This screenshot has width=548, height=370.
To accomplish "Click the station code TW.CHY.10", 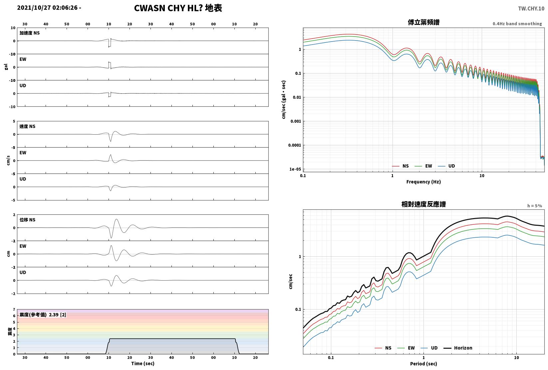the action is (x=531, y=9).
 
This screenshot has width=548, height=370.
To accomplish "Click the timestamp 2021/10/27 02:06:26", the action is (x=47, y=8).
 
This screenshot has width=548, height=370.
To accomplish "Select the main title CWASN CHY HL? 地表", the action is (x=178, y=8).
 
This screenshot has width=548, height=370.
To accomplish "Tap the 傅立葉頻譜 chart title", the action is (x=423, y=22).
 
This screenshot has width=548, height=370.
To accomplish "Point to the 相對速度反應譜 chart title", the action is (x=423, y=204).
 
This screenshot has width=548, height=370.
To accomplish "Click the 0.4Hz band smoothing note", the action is (x=517, y=24).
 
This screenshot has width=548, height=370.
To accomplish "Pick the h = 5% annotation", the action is (x=535, y=206).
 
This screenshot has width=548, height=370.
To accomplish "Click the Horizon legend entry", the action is (x=458, y=348).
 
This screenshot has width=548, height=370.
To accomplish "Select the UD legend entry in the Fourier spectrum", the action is (x=446, y=166).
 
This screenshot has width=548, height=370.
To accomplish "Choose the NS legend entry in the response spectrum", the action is (x=383, y=348).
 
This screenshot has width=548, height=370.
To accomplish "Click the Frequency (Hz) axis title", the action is (x=423, y=182).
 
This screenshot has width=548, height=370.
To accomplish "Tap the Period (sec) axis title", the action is (x=423, y=364).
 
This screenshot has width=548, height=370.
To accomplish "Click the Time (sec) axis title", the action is (x=142, y=363).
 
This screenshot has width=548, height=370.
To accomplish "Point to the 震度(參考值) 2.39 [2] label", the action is (x=43, y=314).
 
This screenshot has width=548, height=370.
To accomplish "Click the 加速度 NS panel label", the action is (x=30, y=33).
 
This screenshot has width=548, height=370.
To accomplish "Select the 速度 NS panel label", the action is (x=27, y=126).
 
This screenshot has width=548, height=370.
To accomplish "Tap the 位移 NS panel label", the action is (x=27, y=220).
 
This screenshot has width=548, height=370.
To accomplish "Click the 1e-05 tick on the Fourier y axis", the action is (x=295, y=169).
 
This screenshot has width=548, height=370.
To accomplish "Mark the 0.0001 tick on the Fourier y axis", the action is (x=295, y=145).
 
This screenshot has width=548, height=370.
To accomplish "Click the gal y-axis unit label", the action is (x=6, y=67).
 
